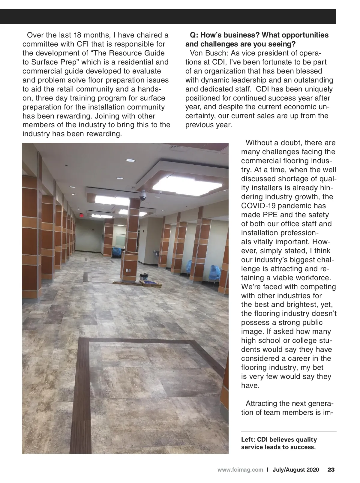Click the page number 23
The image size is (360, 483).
(331, 470)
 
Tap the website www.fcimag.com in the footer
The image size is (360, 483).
(240, 470)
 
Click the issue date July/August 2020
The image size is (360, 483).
(296, 470)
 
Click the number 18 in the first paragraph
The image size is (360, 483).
(79, 35)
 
